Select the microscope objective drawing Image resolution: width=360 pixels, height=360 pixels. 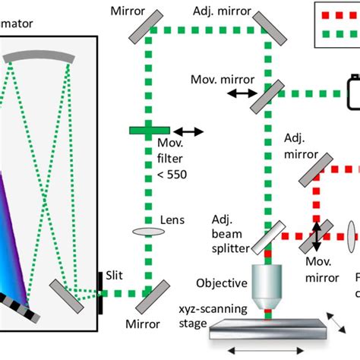268,277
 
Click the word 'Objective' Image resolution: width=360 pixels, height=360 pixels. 222,283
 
